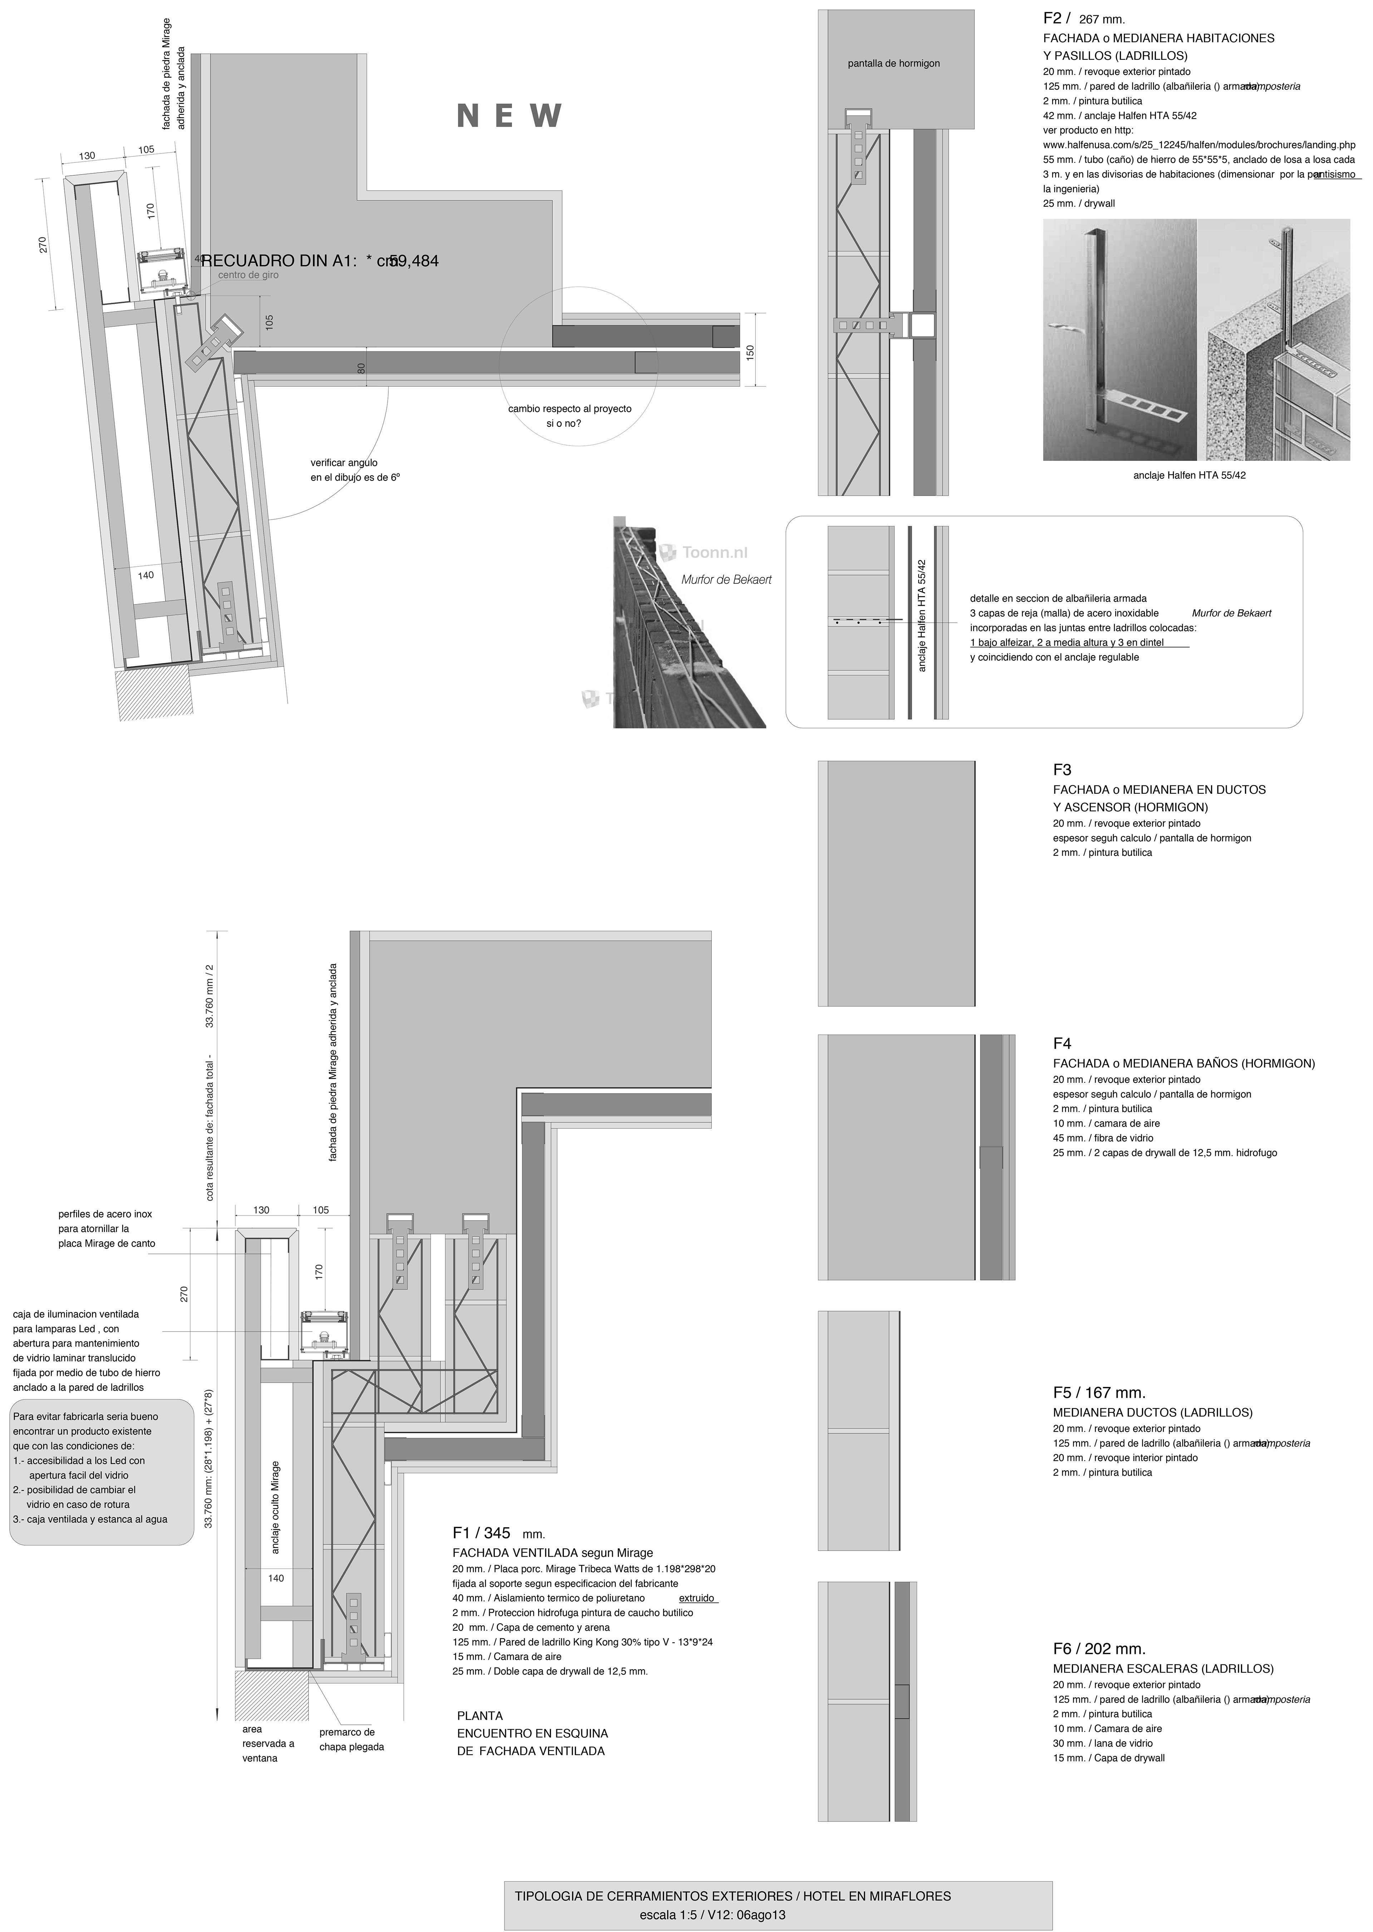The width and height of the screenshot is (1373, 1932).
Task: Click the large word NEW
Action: point(509,116)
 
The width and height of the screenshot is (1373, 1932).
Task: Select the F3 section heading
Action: point(1062,770)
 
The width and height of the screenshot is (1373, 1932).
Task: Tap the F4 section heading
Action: point(1062,1044)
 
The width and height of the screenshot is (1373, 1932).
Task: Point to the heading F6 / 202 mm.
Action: point(1099,1649)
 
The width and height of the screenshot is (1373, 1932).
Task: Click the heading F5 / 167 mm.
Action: point(1099,1392)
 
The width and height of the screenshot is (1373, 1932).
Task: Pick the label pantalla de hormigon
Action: point(894,63)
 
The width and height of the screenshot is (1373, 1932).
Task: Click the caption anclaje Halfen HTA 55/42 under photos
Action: point(1189,475)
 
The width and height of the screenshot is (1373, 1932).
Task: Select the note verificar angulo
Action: point(344,463)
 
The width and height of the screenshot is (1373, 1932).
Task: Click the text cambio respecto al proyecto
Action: point(569,409)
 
